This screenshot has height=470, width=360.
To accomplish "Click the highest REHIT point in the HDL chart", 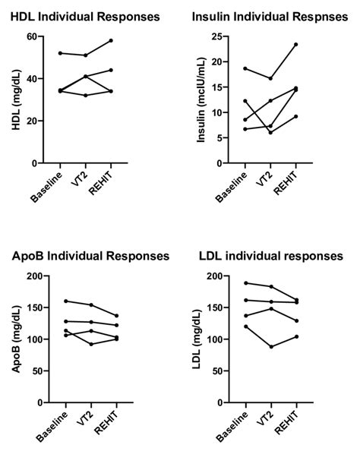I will [111, 40].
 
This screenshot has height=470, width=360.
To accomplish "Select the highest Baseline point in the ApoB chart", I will [66, 301].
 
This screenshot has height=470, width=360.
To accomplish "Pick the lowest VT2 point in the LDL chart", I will [270, 346].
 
